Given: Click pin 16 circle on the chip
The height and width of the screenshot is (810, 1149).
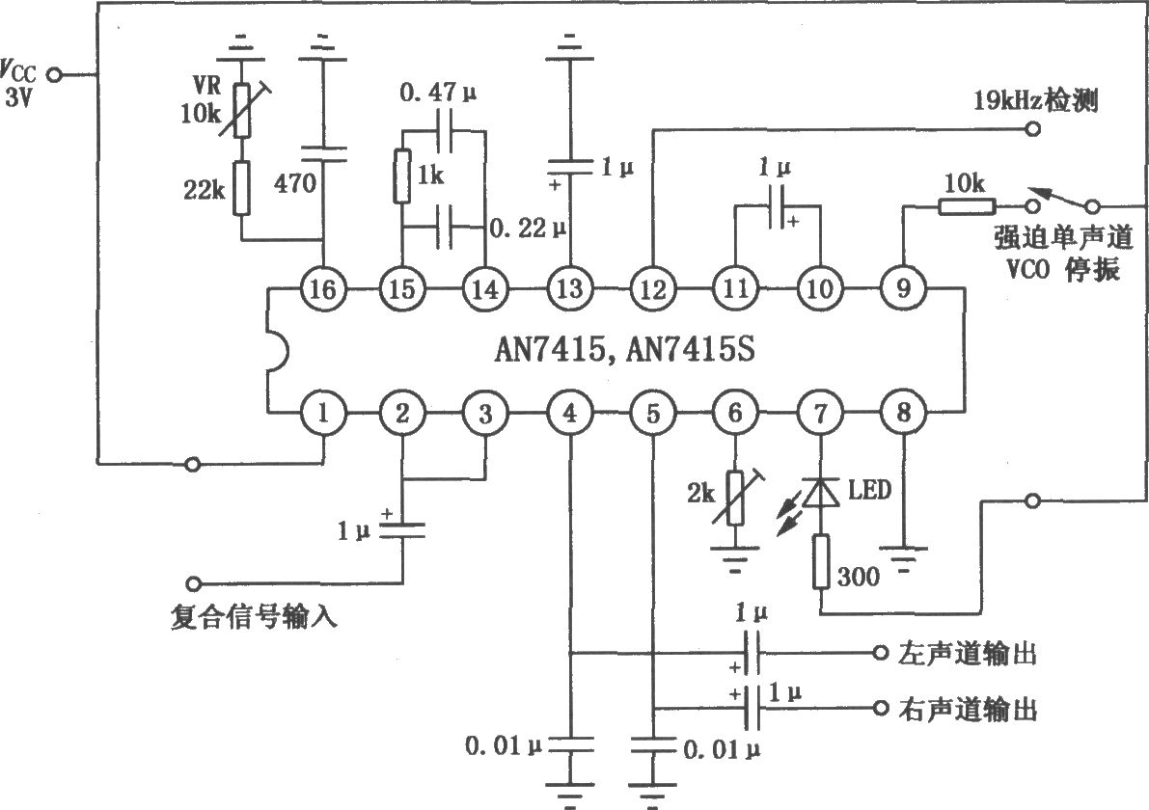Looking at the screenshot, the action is (322, 289).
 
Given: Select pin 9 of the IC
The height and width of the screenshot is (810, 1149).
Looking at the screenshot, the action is (903, 288).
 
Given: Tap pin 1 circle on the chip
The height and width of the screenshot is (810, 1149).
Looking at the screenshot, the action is (322, 413).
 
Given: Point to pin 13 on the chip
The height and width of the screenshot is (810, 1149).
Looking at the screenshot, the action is (569, 288).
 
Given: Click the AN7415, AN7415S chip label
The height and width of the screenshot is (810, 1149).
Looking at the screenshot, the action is (624, 349).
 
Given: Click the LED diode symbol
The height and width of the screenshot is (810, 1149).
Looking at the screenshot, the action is (820, 493).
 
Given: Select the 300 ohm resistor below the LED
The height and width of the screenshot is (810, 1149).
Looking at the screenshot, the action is (821, 562).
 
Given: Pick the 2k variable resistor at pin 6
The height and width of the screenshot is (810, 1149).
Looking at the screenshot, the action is (736, 499).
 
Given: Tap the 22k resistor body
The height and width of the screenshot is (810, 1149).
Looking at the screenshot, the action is (242, 188).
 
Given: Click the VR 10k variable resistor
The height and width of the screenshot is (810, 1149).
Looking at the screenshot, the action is (242, 110).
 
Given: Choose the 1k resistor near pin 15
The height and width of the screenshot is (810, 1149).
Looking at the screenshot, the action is (401, 175).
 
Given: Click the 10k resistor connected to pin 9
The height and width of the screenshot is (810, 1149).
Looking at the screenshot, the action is (967, 206).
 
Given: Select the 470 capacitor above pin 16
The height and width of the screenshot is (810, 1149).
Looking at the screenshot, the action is (322, 153).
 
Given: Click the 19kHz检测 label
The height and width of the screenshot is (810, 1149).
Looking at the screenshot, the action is (1035, 99).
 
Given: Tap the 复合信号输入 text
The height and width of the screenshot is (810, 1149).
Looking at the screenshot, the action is (254, 616).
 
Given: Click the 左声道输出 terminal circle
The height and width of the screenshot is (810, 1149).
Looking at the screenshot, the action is (881, 653).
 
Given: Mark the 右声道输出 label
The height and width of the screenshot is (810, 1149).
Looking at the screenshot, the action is (968, 709).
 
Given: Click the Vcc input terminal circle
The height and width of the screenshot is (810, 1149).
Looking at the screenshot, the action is (54, 74).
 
